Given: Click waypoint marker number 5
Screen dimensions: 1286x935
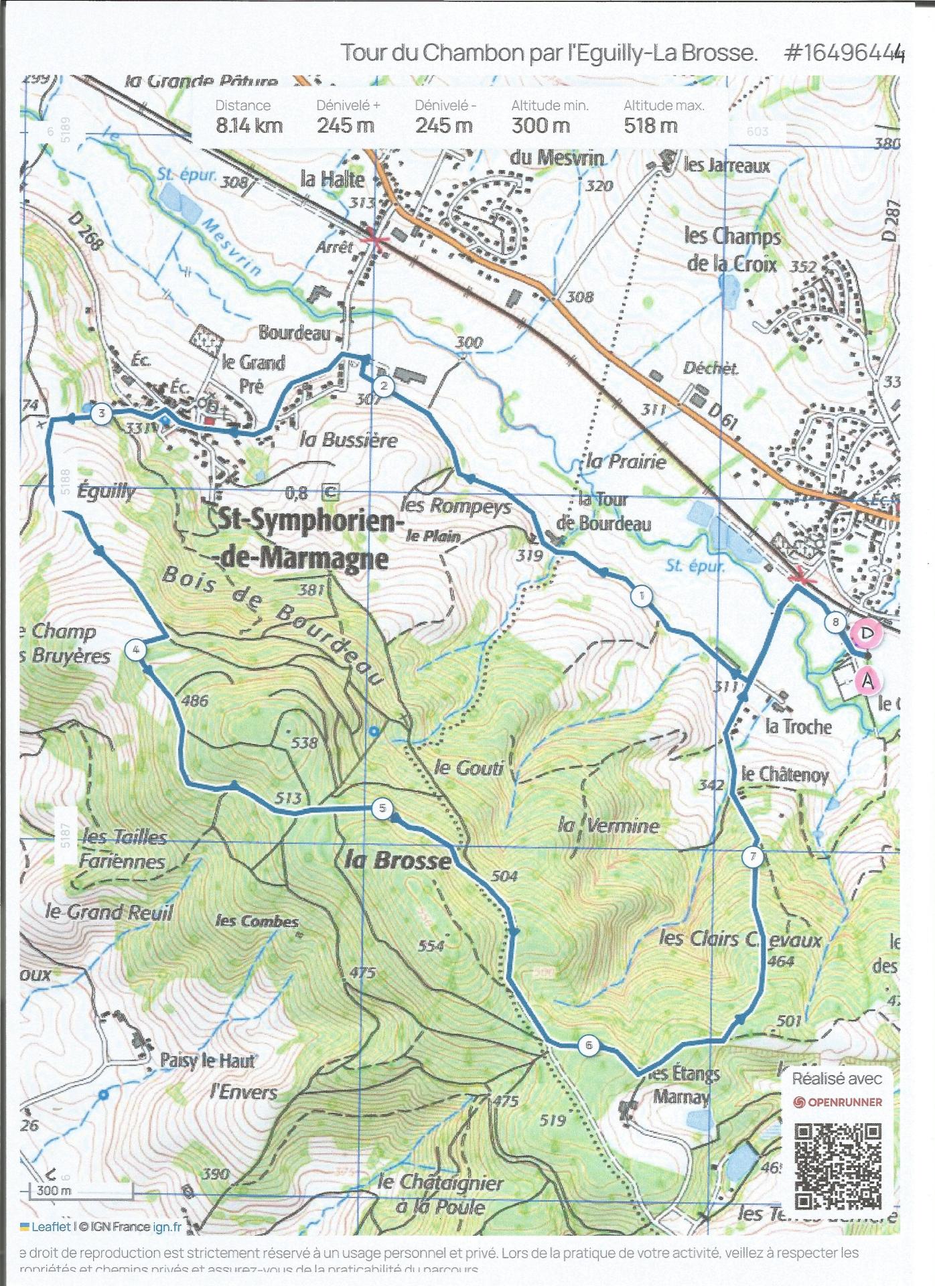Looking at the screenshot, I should [x=382, y=808].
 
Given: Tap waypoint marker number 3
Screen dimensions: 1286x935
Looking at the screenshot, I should [x=101, y=414].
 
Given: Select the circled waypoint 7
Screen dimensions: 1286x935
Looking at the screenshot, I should [x=753, y=857].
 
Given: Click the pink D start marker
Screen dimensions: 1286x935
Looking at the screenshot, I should [x=865, y=633].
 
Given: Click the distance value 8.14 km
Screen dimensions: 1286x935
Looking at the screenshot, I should [x=249, y=125].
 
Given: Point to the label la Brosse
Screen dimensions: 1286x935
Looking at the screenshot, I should [x=398, y=859].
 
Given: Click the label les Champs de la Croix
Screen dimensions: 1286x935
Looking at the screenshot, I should [x=733, y=249].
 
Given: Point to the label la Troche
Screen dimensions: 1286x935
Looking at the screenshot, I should [x=798, y=727].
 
